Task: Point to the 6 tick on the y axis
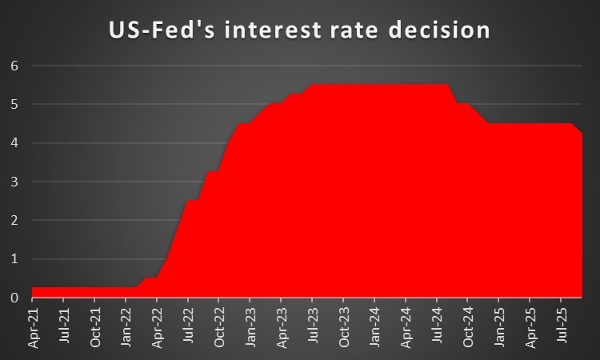(x=14, y=66)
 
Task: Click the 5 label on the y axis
(x=14, y=105)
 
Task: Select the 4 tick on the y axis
(x=14, y=143)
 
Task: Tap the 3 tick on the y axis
(x=14, y=182)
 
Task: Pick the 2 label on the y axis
(x=14, y=221)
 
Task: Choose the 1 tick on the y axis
(x=14, y=259)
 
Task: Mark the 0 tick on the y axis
(x=14, y=298)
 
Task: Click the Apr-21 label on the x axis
(x=33, y=328)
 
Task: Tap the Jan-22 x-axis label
(x=126, y=328)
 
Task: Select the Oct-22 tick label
(x=219, y=328)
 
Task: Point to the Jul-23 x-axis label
(x=313, y=328)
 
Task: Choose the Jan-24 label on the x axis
(x=374, y=328)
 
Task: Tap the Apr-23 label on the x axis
(x=282, y=328)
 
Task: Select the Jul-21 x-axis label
(x=64, y=328)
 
